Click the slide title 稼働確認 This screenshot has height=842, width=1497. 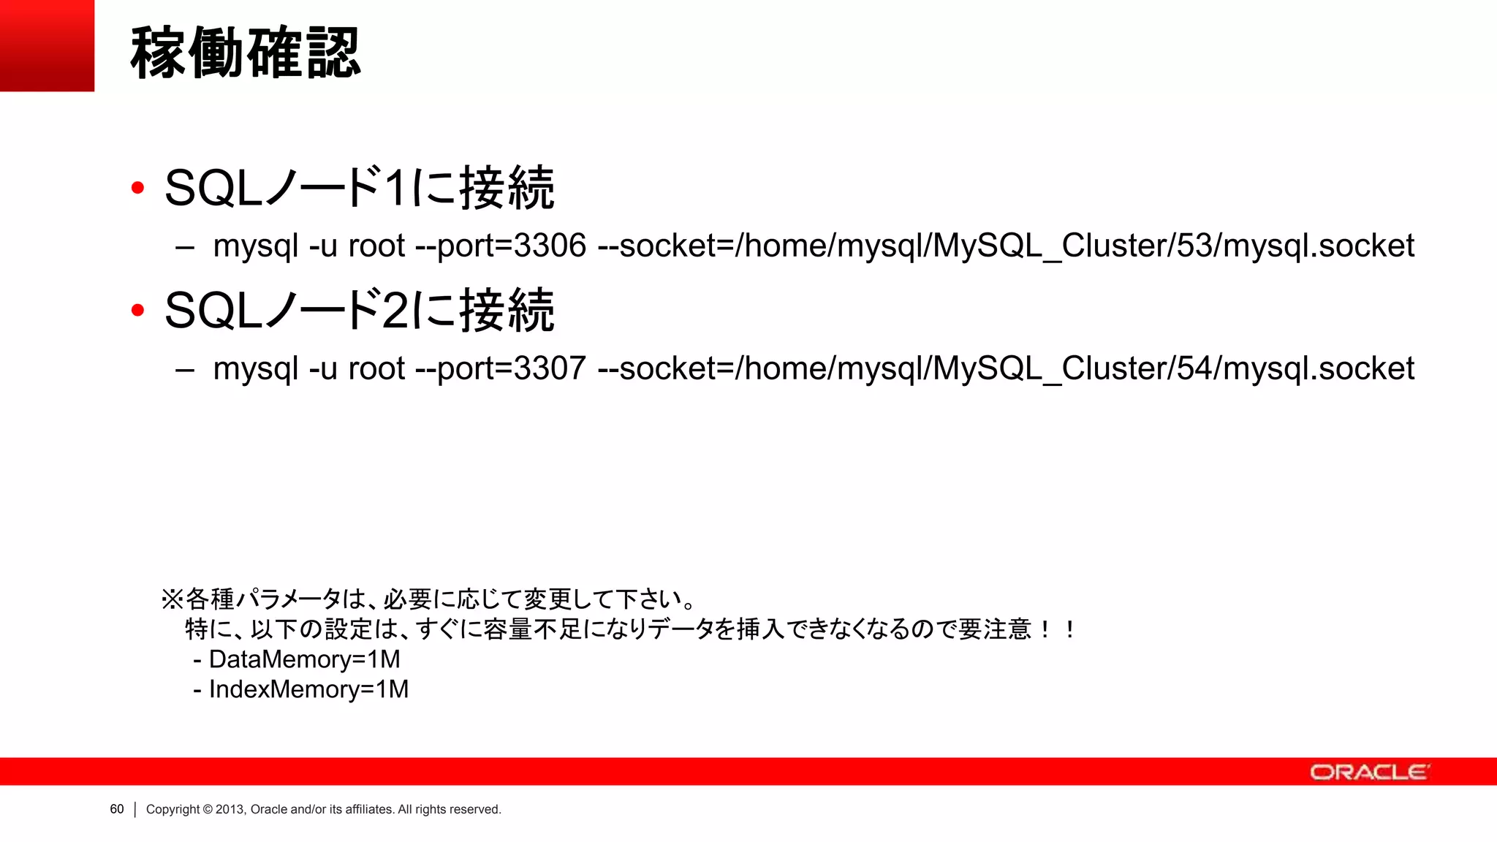246,53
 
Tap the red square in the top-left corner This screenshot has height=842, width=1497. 47,45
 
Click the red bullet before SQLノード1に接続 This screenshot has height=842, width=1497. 137,189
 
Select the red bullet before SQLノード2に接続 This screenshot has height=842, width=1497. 137,311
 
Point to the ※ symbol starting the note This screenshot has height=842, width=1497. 172,600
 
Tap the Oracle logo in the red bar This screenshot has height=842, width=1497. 1369,772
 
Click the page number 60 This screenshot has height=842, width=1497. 117,809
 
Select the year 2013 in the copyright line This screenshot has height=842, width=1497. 230,809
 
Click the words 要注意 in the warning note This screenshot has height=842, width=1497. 994,629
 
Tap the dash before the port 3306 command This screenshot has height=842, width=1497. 185,247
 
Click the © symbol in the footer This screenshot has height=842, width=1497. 208,809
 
